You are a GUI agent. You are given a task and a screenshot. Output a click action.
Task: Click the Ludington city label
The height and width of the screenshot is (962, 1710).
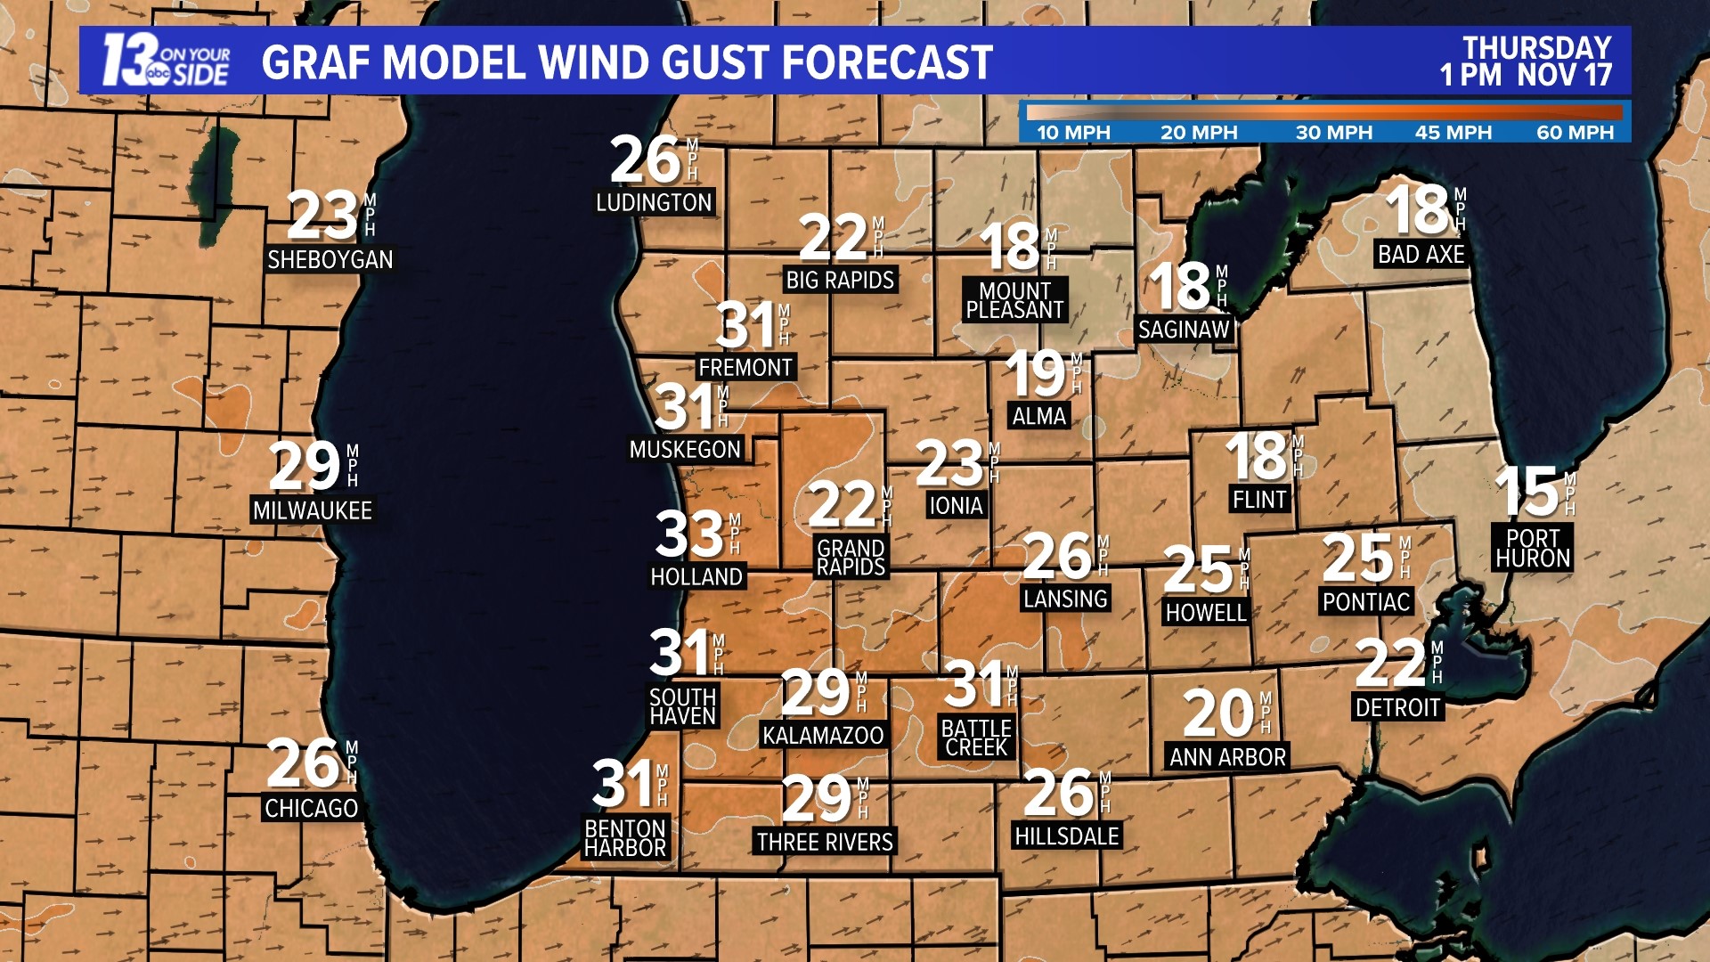654,203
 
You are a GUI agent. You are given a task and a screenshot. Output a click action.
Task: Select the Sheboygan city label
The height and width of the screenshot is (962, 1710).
330,260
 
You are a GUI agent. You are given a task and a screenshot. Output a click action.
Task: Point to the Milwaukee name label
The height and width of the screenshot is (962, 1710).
312,510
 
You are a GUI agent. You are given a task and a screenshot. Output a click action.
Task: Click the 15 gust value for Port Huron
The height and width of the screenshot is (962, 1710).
1527,492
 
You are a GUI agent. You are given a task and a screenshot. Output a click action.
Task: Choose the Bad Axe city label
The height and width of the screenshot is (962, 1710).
1421,255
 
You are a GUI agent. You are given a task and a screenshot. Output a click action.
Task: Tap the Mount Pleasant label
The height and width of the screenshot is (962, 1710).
1014,300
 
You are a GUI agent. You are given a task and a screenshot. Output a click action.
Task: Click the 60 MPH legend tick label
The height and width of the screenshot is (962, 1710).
1575,133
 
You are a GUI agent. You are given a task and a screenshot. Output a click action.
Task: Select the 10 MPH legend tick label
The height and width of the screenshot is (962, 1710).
1073,133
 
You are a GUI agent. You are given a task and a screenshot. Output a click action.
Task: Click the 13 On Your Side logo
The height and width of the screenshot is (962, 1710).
166,61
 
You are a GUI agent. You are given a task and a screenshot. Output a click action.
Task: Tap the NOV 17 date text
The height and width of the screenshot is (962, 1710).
1565,75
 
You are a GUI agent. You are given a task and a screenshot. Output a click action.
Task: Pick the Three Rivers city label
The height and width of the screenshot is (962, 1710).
825,842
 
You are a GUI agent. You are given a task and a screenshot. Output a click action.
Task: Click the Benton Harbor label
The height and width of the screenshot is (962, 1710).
625,838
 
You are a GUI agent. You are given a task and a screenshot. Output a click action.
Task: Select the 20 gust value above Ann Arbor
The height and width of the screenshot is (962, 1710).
1217,714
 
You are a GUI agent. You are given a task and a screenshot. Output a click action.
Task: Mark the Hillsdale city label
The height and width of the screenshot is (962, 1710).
1067,836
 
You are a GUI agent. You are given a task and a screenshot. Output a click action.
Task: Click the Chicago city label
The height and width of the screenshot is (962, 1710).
311,809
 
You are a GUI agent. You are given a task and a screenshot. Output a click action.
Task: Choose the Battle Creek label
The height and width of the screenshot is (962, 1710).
976,738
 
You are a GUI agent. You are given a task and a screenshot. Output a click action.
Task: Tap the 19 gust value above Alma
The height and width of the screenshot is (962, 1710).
1035,374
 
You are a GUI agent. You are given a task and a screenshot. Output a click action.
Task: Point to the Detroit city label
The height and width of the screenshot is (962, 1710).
1397,708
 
